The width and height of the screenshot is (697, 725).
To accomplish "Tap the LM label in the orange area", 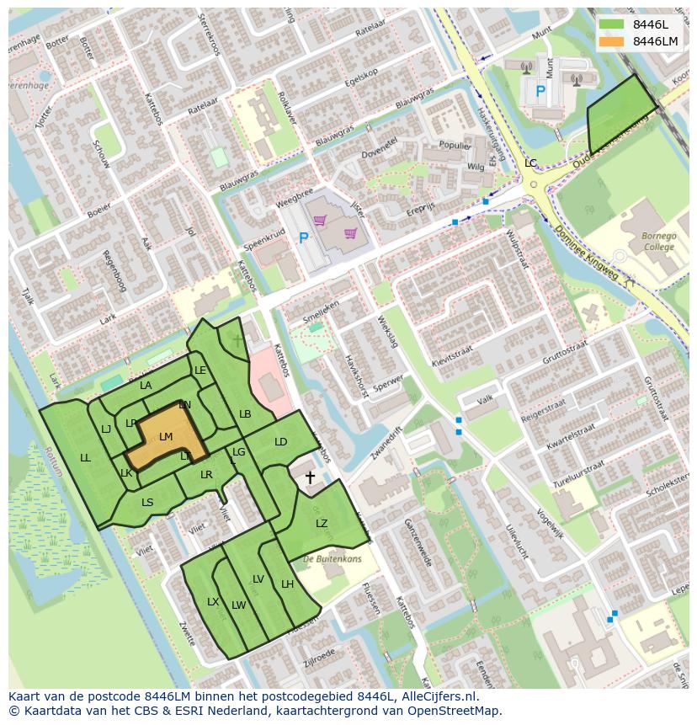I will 166,436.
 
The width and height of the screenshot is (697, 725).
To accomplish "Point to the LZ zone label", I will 322,524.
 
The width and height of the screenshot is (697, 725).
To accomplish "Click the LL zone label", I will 85,458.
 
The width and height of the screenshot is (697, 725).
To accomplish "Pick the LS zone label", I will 147,503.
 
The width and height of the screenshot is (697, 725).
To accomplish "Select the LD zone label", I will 281,442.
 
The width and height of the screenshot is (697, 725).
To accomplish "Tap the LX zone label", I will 213,602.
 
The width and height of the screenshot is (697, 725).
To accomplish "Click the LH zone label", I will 287,584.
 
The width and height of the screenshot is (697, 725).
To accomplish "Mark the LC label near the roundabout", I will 530,163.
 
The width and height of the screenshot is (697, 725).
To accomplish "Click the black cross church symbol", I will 310,478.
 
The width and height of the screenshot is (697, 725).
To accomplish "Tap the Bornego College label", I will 658,243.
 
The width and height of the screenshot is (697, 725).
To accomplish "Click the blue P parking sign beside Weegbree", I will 303,238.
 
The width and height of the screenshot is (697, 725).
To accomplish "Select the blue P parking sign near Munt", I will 540,89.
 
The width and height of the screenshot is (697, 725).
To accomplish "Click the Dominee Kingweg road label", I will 588,253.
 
